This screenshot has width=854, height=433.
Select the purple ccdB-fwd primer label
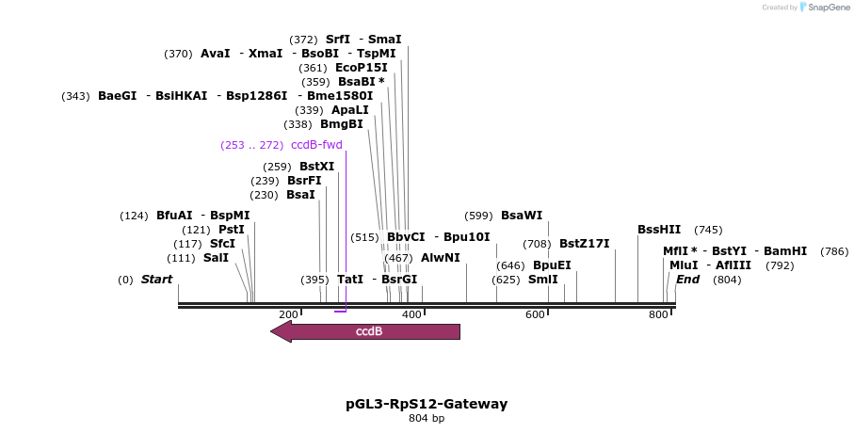316,145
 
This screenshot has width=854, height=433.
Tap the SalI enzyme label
216,258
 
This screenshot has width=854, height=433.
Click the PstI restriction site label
231,230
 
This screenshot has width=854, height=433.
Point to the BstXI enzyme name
316,167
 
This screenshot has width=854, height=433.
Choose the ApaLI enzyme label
349,110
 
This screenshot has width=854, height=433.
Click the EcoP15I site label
361,68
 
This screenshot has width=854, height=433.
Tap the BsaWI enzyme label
521,216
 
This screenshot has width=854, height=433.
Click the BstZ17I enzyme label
584,244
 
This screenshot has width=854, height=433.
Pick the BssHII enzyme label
659,230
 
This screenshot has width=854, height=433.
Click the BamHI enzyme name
785,251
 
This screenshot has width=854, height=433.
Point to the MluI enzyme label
683,265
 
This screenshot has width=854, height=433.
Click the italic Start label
156,280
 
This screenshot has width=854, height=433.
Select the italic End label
687,280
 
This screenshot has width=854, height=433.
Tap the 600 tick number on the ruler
535,314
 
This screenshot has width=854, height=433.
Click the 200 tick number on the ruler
288,314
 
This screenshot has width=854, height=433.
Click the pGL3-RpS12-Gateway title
427,404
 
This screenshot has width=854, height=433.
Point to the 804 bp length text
427,419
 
